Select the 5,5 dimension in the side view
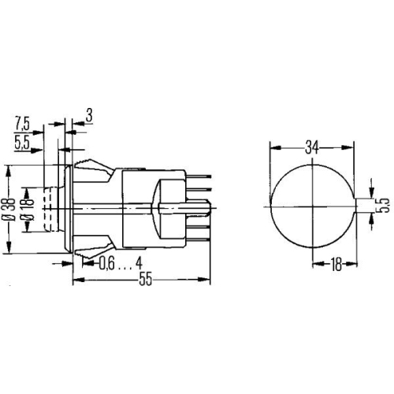(23, 143)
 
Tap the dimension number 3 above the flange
(89, 117)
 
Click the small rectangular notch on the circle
(360, 206)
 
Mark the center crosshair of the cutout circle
(313, 206)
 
